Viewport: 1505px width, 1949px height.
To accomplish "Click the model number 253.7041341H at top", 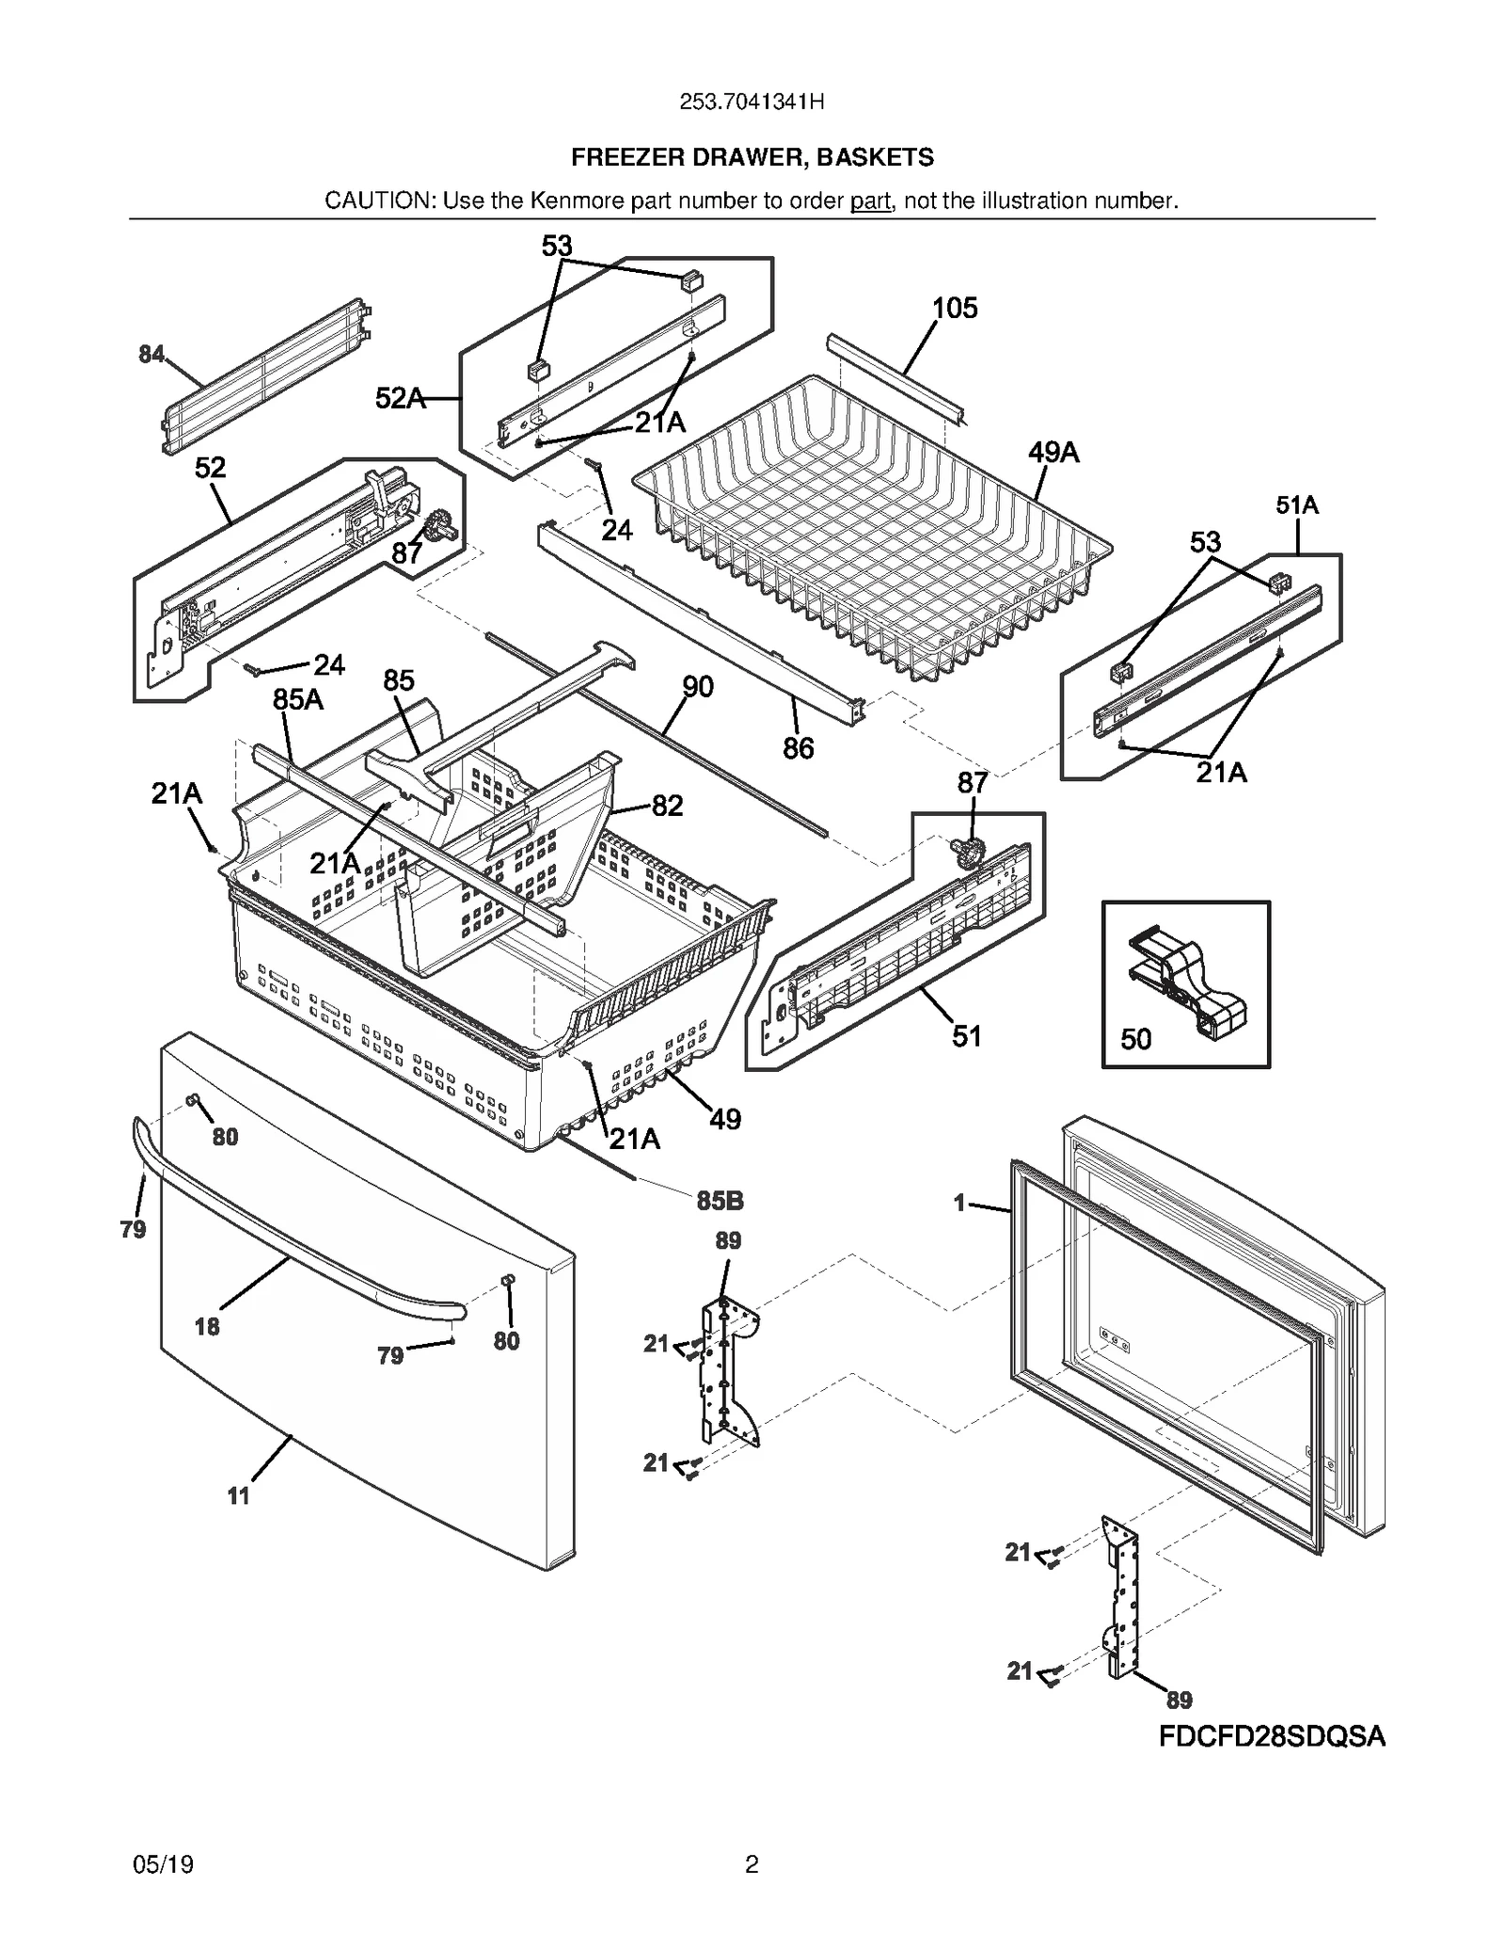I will (x=752, y=103).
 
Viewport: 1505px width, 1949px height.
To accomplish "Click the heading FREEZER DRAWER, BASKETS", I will (x=752, y=157).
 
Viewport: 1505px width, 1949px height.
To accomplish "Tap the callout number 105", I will (x=955, y=309).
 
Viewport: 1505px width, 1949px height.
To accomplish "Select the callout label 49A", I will (x=1053, y=453).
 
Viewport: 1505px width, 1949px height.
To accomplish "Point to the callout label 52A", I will (x=400, y=399).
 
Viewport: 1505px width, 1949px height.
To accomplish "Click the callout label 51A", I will (x=1297, y=505).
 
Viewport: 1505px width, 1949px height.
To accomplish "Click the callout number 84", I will (x=150, y=355).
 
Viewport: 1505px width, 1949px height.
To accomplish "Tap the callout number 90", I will (x=697, y=687).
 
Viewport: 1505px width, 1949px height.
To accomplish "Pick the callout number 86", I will (x=798, y=748).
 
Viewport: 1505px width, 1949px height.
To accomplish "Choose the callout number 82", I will (x=667, y=806).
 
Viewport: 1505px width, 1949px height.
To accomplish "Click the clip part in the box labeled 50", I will (x=1186, y=980).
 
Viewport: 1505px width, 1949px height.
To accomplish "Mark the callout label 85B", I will (x=720, y=1201).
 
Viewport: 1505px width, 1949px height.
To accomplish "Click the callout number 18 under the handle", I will (x=207, y=1327).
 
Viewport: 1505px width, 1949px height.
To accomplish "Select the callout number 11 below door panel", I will (x=238, y=1495).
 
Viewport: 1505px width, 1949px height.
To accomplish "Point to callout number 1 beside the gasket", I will (x=959, y=1203).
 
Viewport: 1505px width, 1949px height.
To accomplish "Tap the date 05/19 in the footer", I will (x=164, y=1865).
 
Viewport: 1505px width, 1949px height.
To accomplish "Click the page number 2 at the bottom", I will (x=752, y=1864).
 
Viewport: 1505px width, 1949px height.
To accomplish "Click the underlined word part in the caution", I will (x=870, y=200).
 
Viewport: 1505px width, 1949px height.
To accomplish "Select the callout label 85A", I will (x=297, y=700).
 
